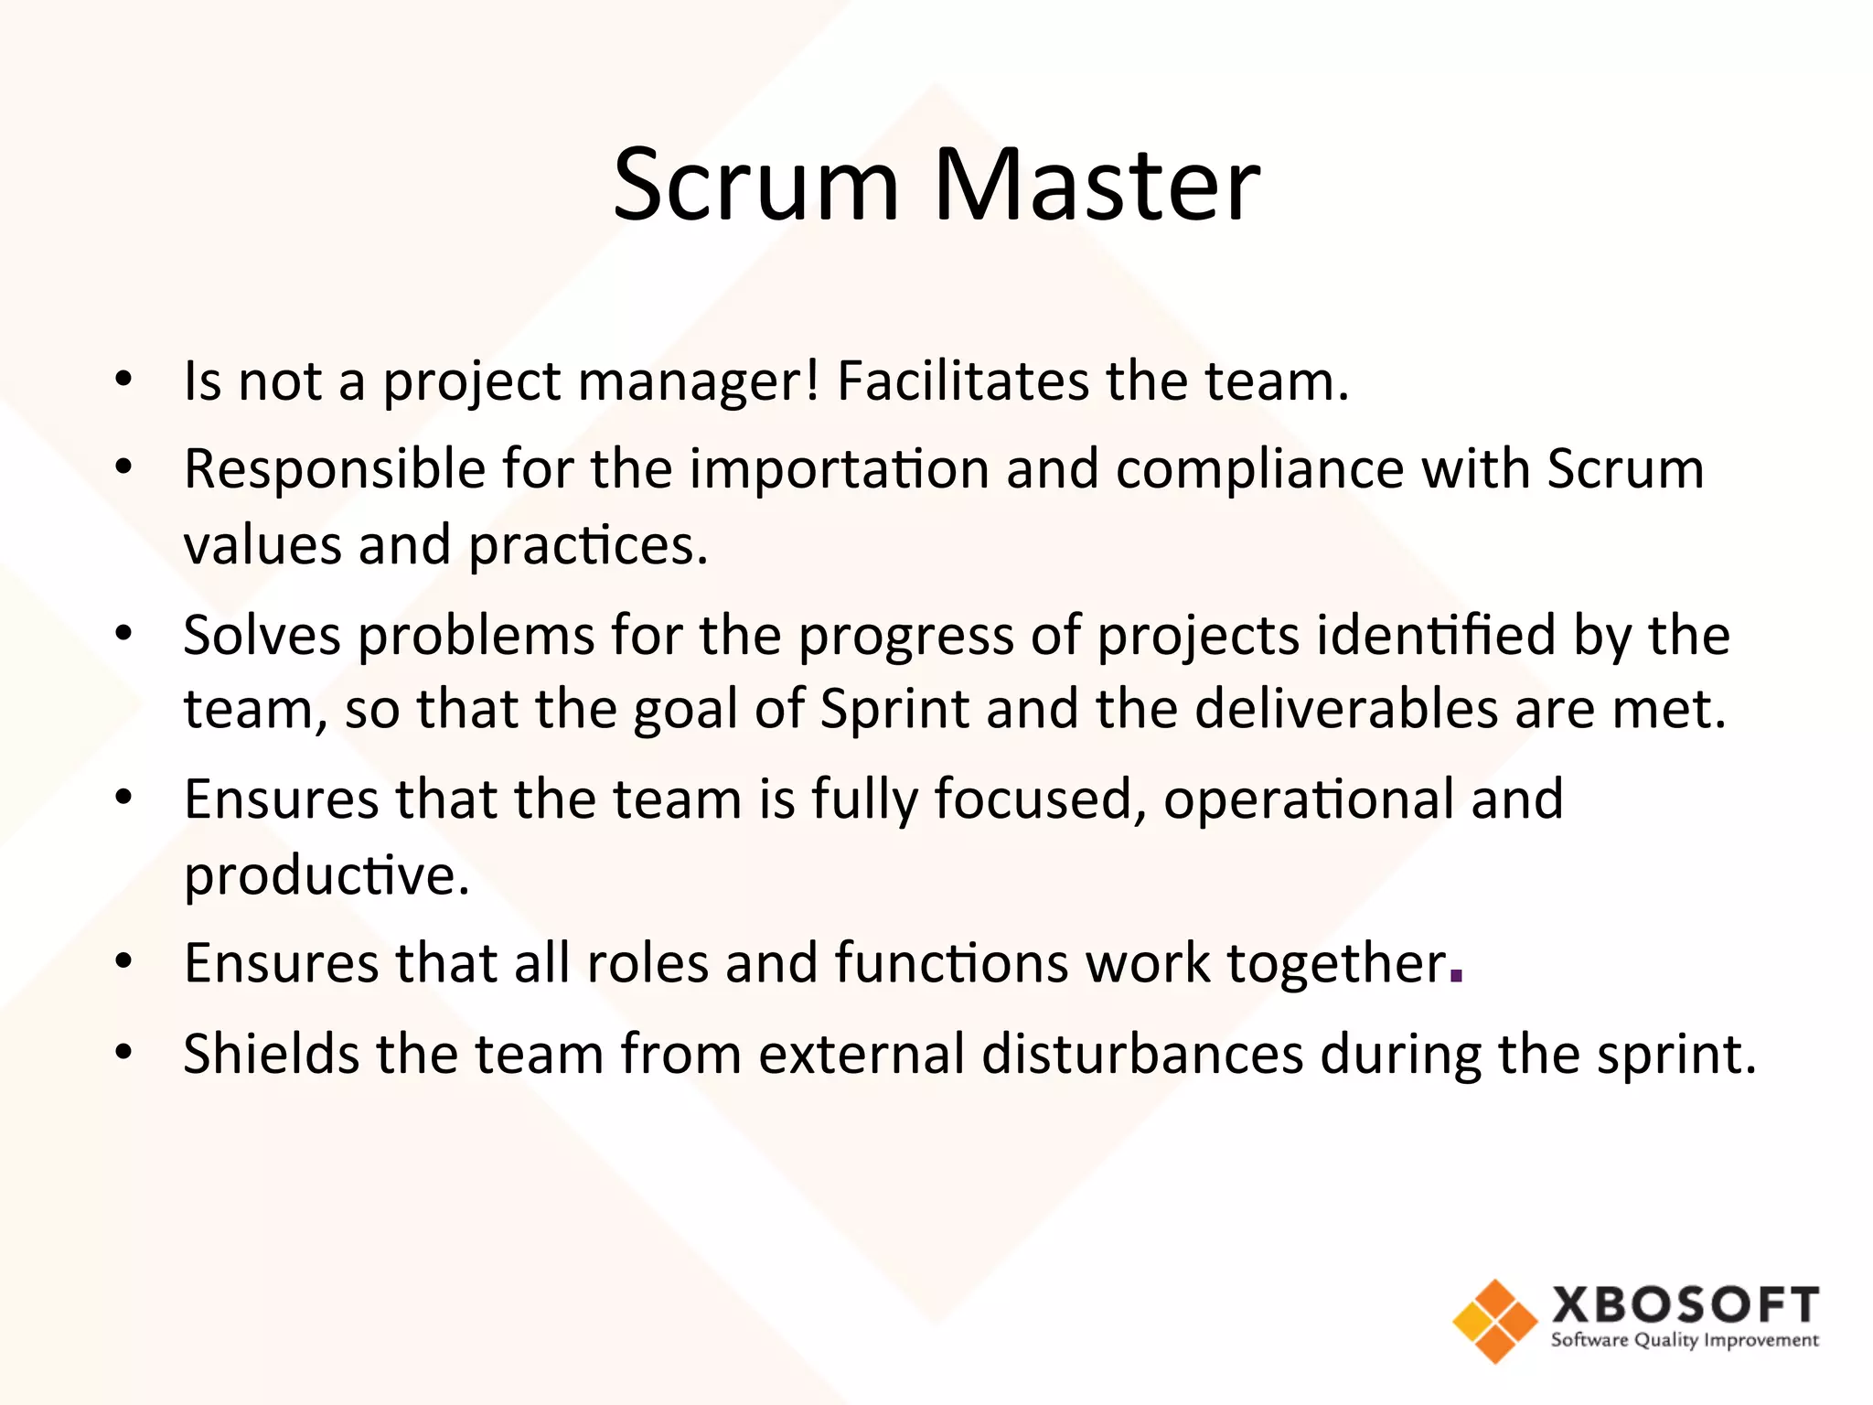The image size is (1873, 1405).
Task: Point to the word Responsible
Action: click(335, 469)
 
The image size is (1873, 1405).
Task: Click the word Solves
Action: click(262, 635)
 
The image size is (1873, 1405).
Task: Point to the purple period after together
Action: click(1457, 976)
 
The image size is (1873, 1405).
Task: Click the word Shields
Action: click(271, 1054)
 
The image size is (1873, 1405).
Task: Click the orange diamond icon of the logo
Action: click(1494, 1321)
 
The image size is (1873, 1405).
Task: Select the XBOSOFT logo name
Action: click(1685, 1304)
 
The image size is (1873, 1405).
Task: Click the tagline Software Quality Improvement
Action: click(1685, 1341)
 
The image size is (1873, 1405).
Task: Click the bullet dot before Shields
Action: click(124, 1052)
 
